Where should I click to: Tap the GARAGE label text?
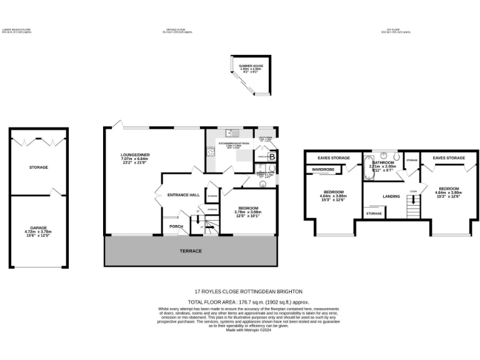pyautogui.click(x=38, y=228)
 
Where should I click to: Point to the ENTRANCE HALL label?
pyautogui.click(x=183, y=195)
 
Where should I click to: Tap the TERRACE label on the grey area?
pyautogui.click(x=191, y=251)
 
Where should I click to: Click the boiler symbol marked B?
pyautogui.click(x=272, y=157)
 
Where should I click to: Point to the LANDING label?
pyautogui.click(x=391, y=197)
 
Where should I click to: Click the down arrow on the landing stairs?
pyautogui.click(x=412, y=191)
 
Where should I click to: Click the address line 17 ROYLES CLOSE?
pyautogui.click(x=248, y=292)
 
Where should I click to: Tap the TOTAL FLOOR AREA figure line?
pyautogui.click(x=248, y=301)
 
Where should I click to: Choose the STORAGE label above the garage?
pyautogui.click(x=38, y=167)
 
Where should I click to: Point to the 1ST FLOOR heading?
pyautogui.click(x=396, y=31)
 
